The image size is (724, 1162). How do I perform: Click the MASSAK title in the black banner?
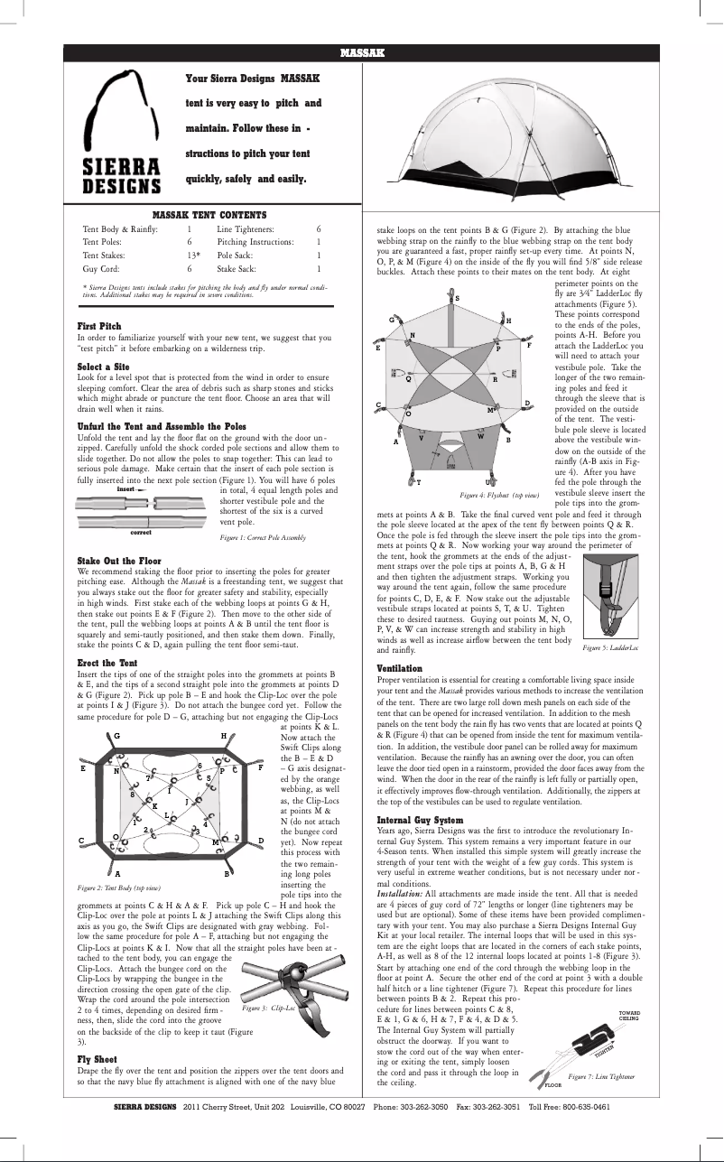pos(362,53)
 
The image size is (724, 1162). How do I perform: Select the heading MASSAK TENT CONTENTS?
pos(209,214)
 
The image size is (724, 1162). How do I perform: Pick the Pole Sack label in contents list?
pos(239,256)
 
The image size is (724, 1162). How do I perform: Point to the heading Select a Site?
pos(104,367)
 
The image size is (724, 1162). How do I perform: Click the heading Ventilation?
pos(399,667)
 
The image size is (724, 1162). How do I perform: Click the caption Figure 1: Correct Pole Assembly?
pos(263,537)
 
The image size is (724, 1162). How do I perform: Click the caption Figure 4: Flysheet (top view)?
pos(498,496)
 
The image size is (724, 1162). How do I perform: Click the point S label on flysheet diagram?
pos(457,298)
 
